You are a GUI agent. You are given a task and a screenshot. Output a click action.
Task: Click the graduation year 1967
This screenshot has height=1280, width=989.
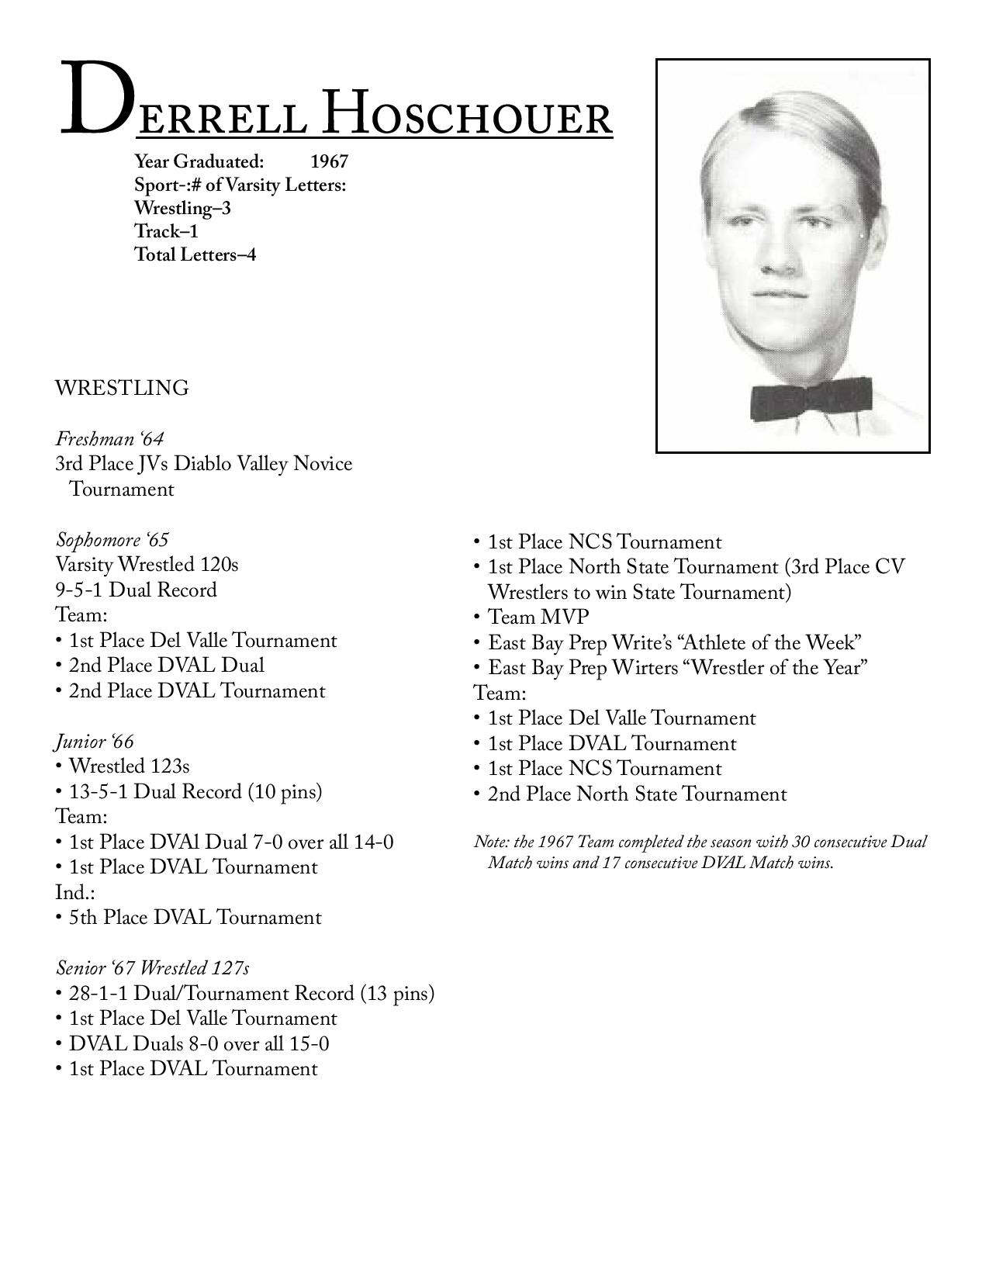(x=329, y=161)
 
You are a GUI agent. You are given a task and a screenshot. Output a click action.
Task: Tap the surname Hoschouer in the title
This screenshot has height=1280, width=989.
(x=467, y=113)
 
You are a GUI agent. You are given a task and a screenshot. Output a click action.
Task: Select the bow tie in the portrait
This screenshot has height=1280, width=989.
(x=811, y=398)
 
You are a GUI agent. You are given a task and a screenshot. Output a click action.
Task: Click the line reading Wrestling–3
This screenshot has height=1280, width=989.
(x=182, y=208)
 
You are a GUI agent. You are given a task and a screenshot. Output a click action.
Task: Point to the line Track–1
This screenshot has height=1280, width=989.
(x=166, y=231)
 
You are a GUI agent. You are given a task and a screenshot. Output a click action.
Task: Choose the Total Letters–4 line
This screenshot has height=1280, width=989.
(x=195, y=254)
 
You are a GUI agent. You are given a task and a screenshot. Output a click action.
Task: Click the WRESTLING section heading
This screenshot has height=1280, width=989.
(x=122, y=388)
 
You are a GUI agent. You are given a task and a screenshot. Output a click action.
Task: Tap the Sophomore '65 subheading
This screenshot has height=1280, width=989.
(x=112, y=540)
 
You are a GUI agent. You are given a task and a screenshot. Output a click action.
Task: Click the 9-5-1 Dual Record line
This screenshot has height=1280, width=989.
(x=136, y=590)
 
